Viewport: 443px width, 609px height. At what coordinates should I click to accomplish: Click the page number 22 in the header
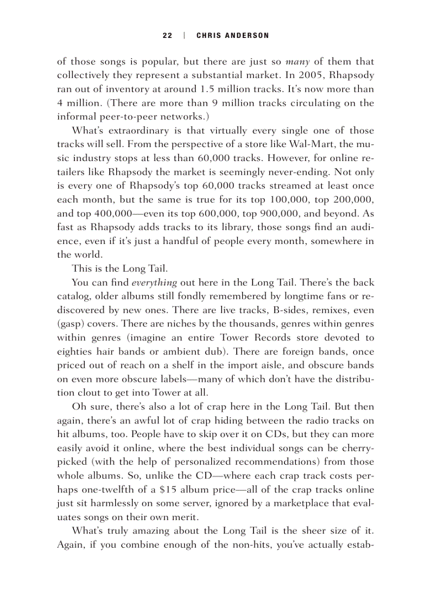(167, 36)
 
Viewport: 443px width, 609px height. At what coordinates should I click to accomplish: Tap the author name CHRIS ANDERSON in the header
(232, 36)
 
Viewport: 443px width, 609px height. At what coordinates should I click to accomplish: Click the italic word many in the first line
(297, 62)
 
